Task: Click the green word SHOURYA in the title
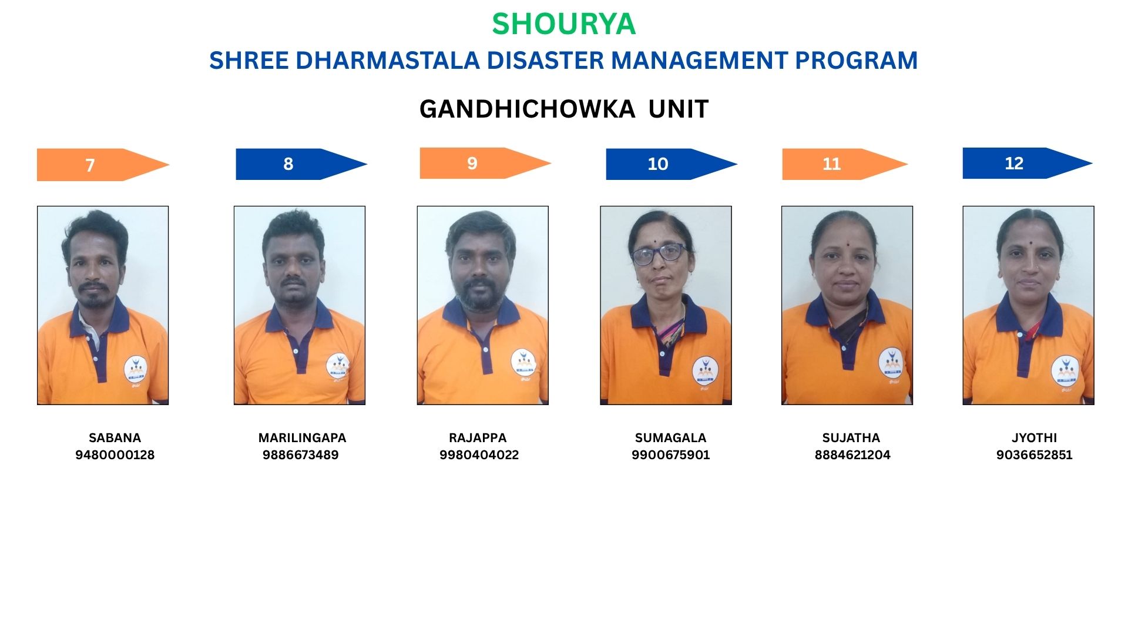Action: click(563, 24)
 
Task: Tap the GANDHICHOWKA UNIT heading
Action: click(564, 109)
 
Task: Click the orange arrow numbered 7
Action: click(103, 165)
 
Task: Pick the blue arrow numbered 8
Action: click(301, 164)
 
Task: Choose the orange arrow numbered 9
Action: click(485, 163)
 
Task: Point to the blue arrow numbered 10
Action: click(672, 164)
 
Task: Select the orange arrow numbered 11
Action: click(845, 164)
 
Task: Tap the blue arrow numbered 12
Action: click(1028, 163)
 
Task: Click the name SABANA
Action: click(115, 438)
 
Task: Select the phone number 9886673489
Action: click(301, 455)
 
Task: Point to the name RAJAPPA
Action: click(478, 438)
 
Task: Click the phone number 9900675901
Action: click(671, 455)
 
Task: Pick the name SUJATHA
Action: click(851, 438)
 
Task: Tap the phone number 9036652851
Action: click(1035, 455)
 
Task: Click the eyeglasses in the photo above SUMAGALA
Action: click(659, 253)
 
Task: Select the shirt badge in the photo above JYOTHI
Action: click(1065, 371)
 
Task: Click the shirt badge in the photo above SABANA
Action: click(136, 369)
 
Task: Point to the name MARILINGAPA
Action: click(303, 438)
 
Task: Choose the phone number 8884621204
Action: click(852, 455)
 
